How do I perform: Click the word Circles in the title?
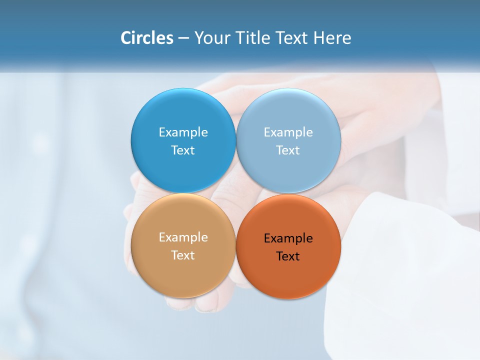147,38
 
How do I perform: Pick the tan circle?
183,270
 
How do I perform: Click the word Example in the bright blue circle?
183,132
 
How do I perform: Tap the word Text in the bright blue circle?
183,150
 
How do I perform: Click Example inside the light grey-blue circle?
288,132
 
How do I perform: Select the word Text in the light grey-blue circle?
288,150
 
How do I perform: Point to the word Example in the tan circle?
183,237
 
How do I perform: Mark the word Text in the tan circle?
183,255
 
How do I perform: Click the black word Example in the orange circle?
288,238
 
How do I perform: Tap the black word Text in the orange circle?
288,256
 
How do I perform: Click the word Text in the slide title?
292,38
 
